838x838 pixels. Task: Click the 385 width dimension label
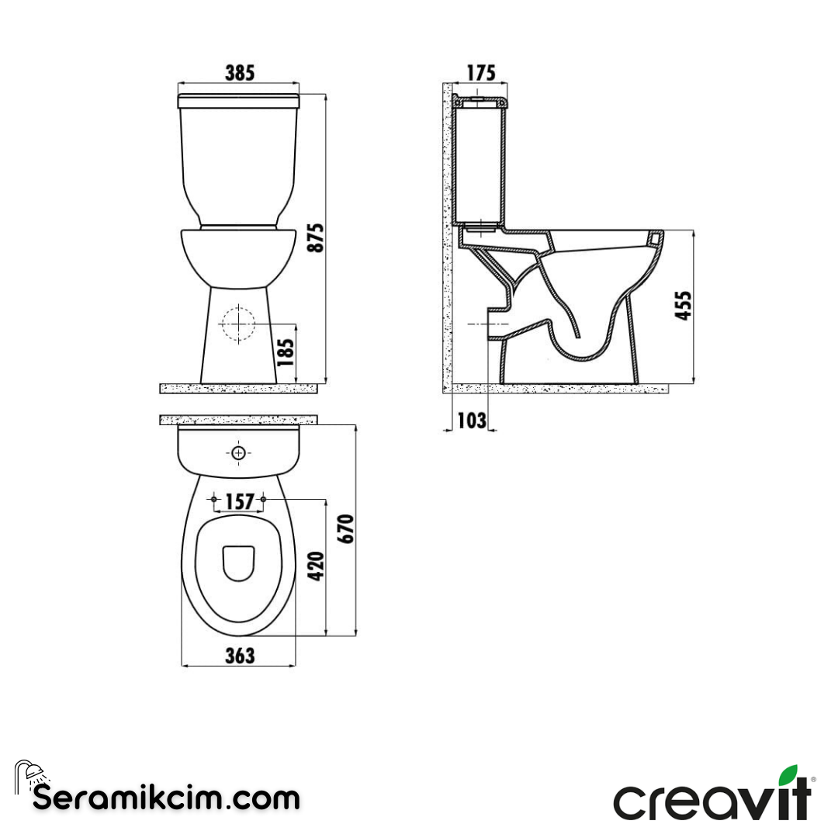[239, 73]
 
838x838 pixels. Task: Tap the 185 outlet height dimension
[286, 353]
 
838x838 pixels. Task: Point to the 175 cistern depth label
[480, 73]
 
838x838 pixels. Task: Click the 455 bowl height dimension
[682, 306]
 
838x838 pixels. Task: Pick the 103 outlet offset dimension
[472, 421]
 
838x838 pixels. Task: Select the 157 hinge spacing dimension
[239, 503]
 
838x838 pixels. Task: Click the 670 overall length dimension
[347, 528]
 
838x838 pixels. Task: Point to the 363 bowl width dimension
[240, 656]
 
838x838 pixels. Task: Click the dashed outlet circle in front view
[239, 324]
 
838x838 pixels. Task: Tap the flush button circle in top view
[239, 452]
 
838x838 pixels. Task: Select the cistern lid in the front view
[239, 101]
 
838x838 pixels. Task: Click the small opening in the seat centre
[239, 563]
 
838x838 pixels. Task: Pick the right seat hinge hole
[264, 498]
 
